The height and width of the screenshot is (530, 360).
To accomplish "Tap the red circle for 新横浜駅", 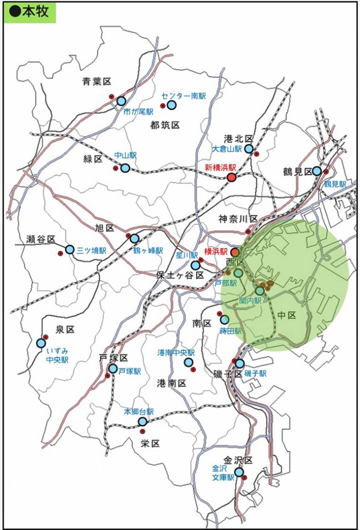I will tap(232, 178).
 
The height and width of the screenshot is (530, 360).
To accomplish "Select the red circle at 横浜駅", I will tap(235, 253).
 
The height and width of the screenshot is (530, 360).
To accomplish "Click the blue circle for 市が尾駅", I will tap(121, 101).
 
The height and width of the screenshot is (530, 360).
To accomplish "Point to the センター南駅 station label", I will tap(183, 96).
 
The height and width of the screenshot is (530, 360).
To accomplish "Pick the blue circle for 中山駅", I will tap(125, 168).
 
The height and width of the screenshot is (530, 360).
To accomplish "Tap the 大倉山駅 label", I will tap(227, 149).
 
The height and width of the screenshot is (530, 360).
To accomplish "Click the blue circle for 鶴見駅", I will tap(316, 171).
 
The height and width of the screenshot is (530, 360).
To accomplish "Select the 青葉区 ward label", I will tap(97, 82).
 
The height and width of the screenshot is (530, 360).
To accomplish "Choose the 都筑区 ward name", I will tap(165, 125).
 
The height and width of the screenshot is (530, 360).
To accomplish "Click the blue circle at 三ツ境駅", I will tap(70, 249).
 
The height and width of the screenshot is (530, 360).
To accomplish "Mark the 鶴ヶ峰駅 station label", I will tap(148, 250).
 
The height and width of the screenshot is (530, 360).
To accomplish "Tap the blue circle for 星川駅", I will tap(195, 266).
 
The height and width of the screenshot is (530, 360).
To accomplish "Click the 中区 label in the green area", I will tap(286, 315).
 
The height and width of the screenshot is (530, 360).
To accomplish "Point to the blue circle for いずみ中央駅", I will tap(41, 343).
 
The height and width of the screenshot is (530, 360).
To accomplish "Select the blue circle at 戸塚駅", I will tap(113, 369).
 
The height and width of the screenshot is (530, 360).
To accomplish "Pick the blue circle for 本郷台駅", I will tap(142, 421).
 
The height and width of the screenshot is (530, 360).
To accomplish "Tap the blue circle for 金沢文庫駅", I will tap(239, 472).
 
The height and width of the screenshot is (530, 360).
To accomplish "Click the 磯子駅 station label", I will tap(255, 374).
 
